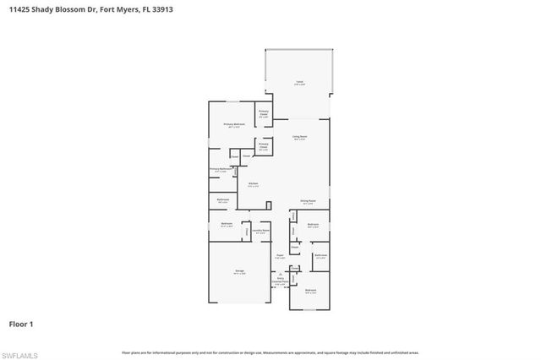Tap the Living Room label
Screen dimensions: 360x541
coord(299,137)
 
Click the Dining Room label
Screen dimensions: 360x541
coord(308,201)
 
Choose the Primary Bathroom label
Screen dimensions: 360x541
coord(219,169)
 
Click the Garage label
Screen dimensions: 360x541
coord(240,271)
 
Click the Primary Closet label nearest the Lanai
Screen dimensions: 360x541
coord(264,113)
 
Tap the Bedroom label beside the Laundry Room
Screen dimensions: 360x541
coord(226,225)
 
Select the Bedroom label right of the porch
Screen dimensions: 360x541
coord(310,291)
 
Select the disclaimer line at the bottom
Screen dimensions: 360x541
coord(270,352)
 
